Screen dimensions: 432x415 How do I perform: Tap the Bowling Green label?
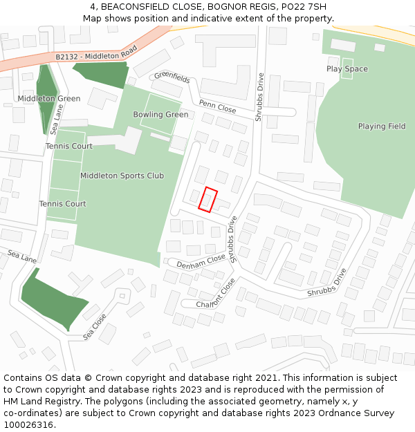click(160, 115)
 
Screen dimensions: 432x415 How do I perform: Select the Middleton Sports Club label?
click(122, 176)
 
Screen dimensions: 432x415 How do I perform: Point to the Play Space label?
click(347, 69)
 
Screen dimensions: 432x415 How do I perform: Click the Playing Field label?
click(382, 126)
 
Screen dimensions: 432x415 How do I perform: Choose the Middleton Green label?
click(49, 99)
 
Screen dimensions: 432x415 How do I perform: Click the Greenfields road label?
click(172, 79)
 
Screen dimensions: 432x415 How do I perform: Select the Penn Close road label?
click(217, 106)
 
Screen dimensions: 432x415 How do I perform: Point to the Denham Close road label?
click(201, 261)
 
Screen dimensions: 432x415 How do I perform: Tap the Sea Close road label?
click(95, 327)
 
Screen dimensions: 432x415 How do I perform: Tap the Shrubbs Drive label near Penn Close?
click(260, 97)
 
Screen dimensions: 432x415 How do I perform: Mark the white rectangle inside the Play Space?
click(347, 68)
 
